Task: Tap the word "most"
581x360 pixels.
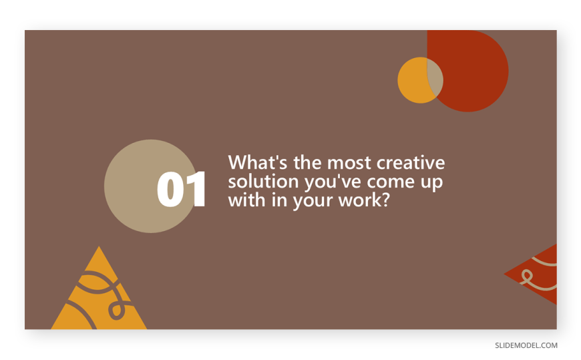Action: [349, 163]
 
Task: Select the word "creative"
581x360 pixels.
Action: [411, 163]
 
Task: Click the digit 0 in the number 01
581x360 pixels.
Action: [170, 189]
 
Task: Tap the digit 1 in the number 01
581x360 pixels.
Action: [196, 189]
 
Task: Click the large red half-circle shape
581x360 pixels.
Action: [472, 70]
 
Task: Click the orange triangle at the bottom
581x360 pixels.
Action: [99, 297]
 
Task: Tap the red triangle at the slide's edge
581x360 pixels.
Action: [538, 275]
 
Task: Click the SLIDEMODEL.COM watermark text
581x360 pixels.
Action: [526, 345]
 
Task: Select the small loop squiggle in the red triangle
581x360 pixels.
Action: [526, 276]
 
